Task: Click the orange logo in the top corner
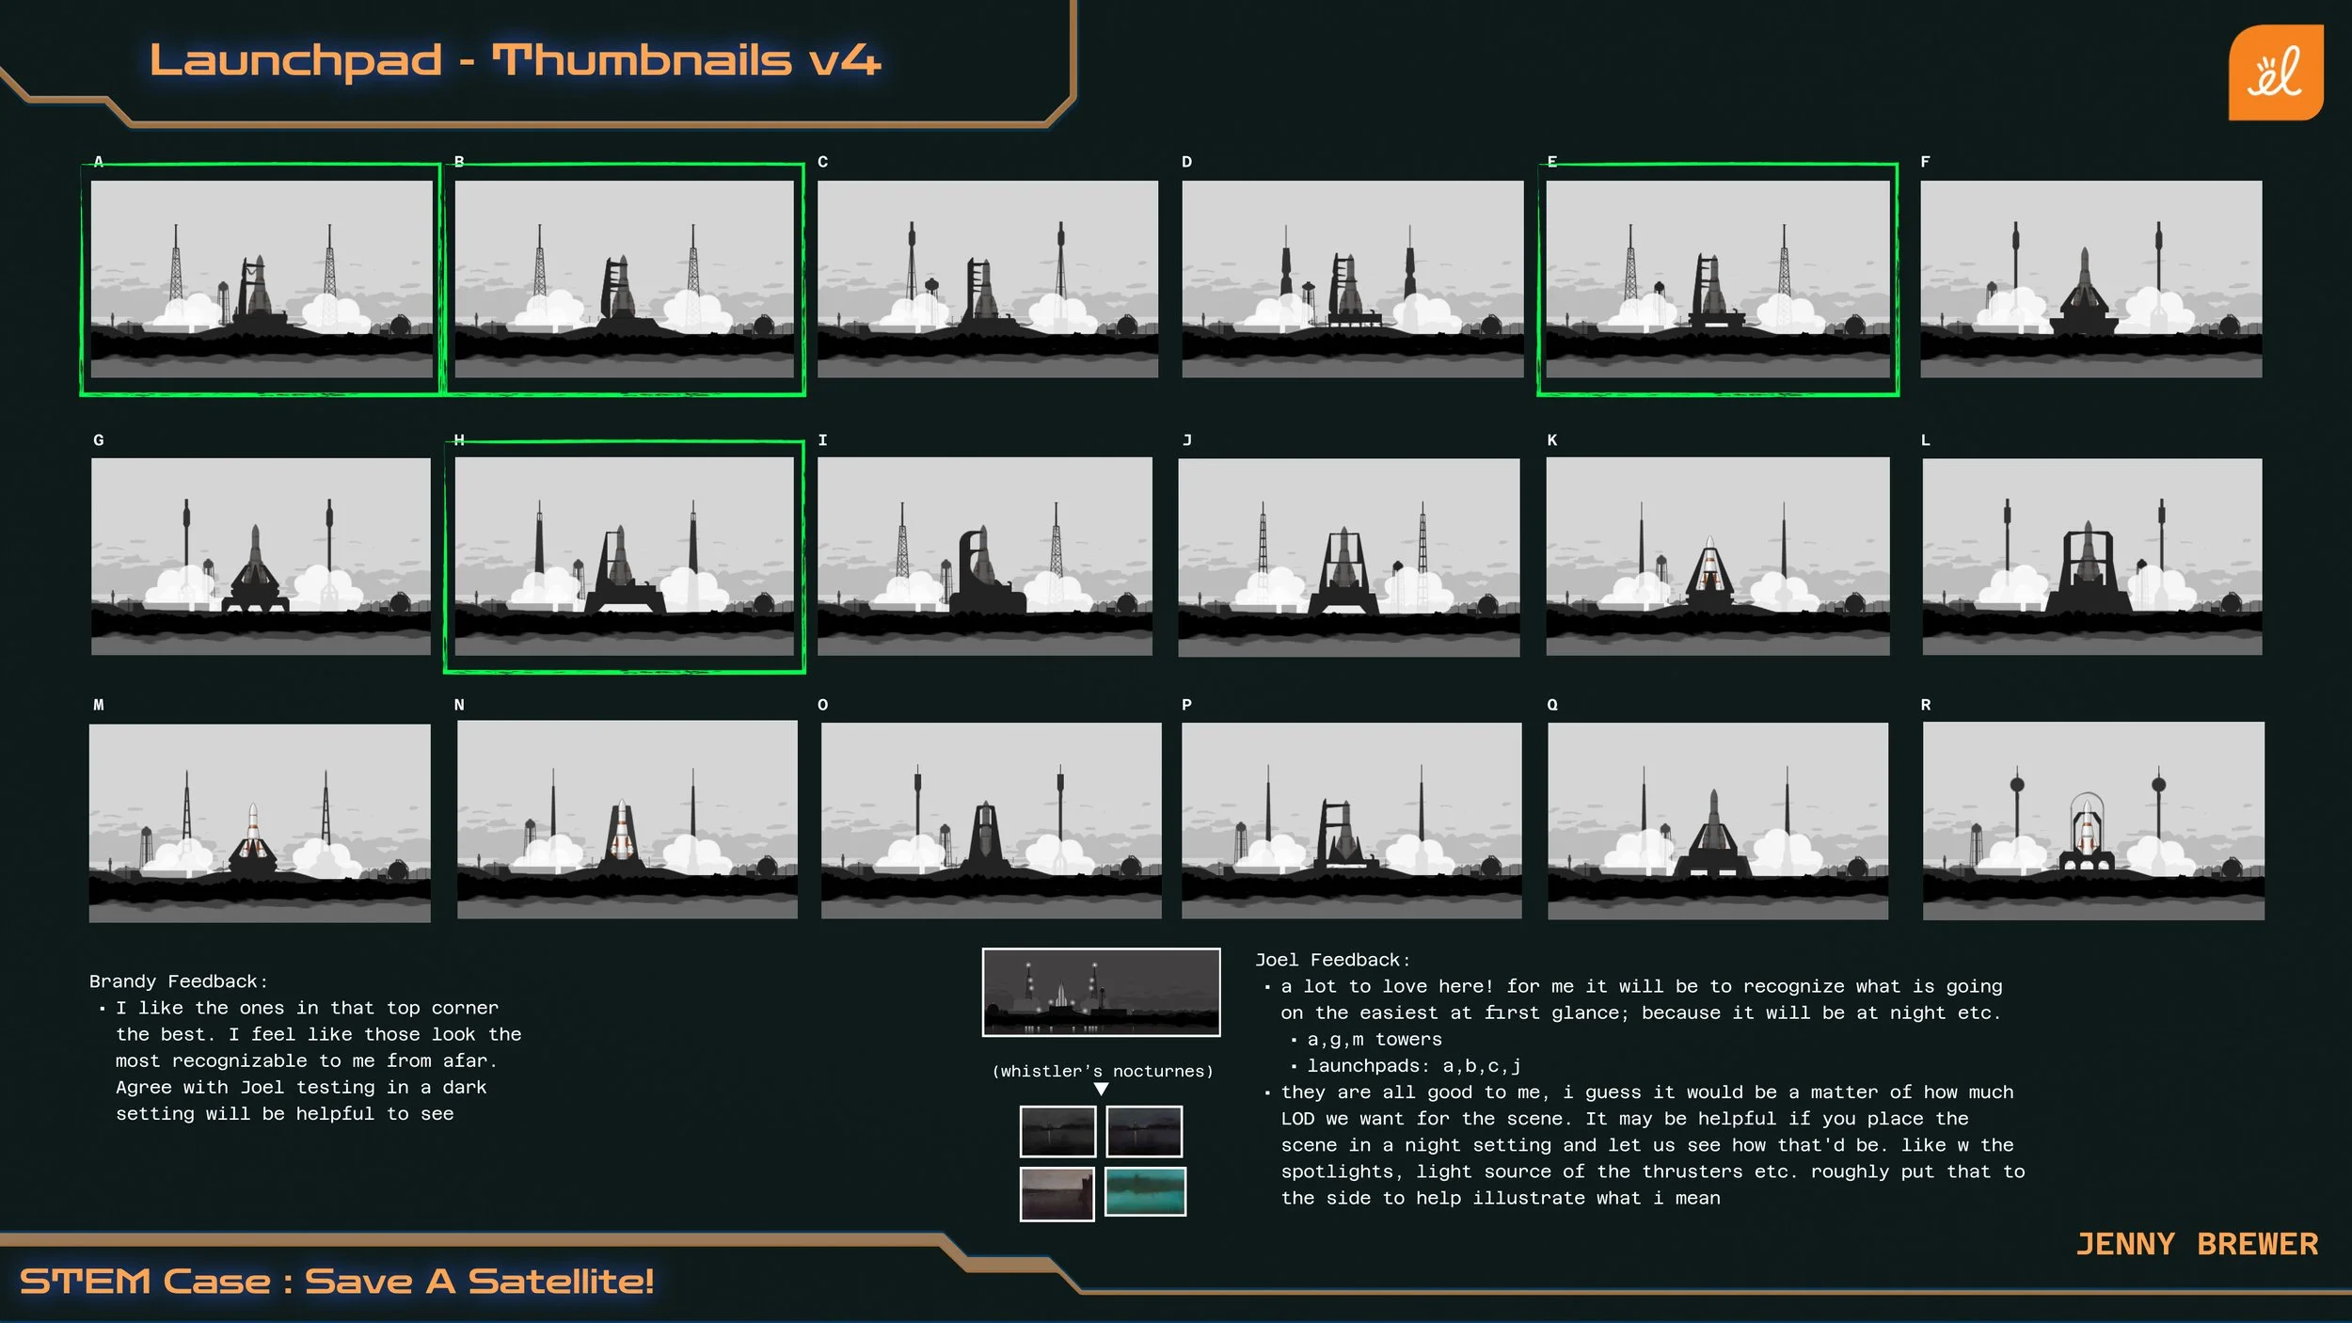2275,72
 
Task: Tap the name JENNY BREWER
2197,1244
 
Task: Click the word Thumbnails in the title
642,60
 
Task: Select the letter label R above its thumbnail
1925,705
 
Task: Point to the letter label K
1551,440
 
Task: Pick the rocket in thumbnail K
1709,568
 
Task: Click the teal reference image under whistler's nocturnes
1144,1191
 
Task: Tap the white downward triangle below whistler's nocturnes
1101,1089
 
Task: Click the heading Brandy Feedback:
178,981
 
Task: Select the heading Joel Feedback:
1332,960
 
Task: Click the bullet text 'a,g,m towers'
1374,1039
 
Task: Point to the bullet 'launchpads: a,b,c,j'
1413,1065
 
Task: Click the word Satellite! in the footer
561,1281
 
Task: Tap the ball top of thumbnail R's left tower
2017,784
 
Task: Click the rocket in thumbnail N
621,830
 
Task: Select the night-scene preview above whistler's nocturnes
1101,992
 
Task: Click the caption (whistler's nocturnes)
1102,1071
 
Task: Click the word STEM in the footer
85,1281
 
